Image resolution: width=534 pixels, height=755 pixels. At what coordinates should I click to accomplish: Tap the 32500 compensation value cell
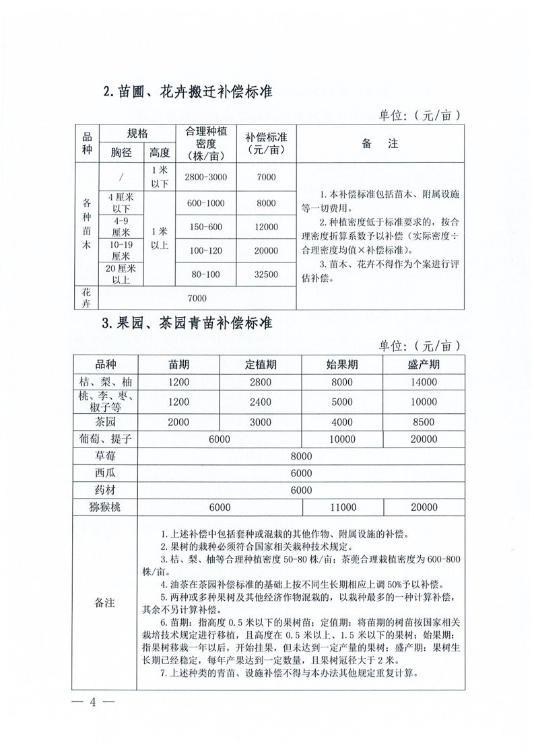point(266,274)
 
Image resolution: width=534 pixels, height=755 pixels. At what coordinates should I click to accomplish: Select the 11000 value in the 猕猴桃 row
point(342,507)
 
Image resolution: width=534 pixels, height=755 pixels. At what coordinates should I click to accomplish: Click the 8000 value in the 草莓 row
point(301,456)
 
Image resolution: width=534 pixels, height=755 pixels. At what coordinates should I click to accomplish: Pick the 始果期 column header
point(342,365)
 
